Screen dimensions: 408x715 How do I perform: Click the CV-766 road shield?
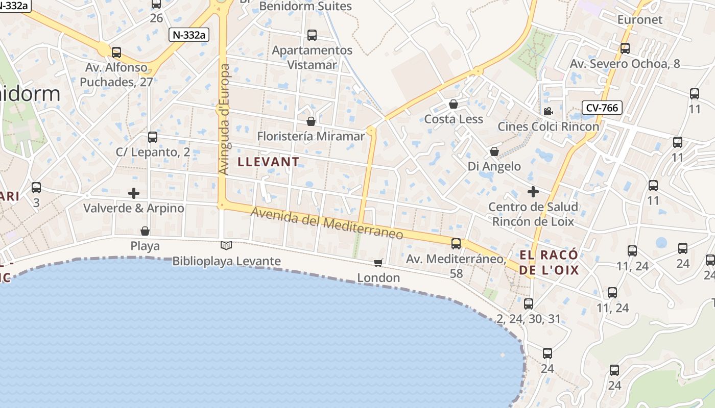[602, 108]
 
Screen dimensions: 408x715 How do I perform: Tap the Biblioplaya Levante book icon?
[226, 246]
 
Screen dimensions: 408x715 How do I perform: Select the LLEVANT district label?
[269, 162]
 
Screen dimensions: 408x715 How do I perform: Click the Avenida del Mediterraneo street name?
[327, 224]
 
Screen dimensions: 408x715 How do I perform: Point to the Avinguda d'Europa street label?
[224, 120]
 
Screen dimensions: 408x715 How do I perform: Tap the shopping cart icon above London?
[378, 263]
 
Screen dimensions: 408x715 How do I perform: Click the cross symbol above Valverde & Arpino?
[134, 193]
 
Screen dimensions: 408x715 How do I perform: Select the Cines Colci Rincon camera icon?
[548, 111]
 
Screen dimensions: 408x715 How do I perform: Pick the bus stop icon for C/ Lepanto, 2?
[152, 137]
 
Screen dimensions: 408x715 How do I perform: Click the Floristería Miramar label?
[311, 136]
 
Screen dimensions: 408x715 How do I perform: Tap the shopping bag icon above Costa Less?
[453, 104]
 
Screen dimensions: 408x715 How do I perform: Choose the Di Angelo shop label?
[494, 166]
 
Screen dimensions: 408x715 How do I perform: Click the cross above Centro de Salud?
[533, 192]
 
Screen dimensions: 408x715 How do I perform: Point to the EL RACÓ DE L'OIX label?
[549, 262]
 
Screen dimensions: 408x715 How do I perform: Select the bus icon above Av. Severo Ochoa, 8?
[625, 48]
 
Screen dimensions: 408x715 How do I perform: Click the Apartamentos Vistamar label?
[312, 58]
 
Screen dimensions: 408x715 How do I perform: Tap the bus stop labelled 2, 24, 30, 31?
[529, 304]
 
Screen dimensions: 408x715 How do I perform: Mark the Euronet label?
[639, 20]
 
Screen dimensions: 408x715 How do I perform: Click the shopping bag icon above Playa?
[145, 231]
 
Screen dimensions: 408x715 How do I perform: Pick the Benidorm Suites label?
[305, 6]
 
